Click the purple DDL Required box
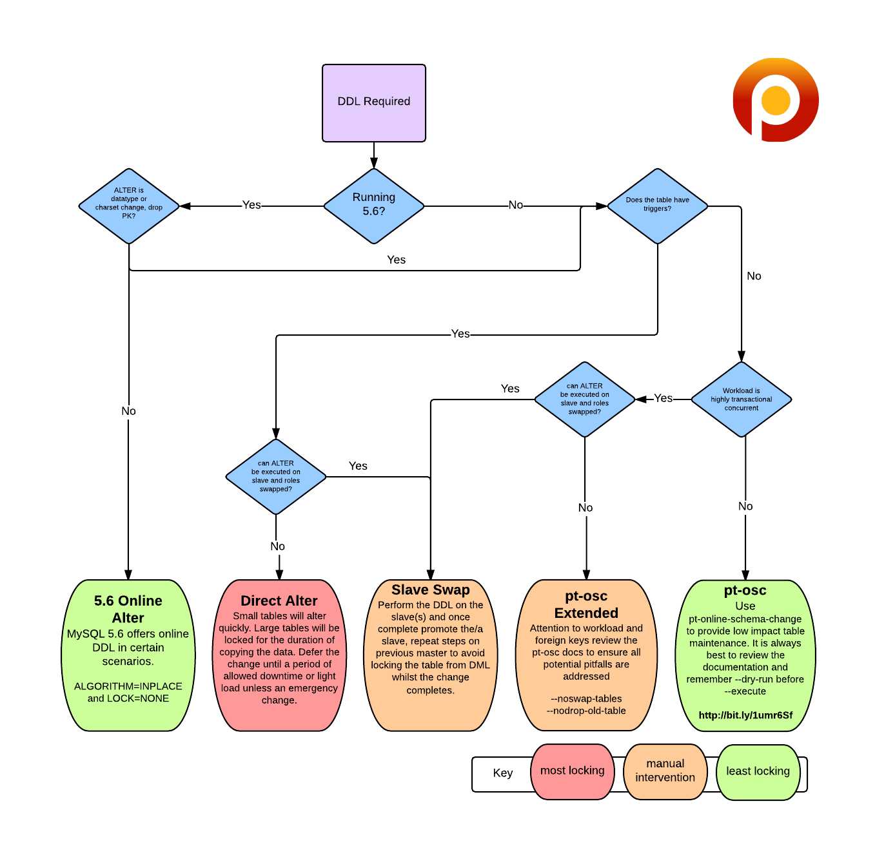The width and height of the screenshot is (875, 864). tap(374, 102)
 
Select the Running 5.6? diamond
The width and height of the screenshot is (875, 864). tap(374, 206)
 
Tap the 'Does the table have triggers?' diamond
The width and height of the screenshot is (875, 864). tap(657, 206)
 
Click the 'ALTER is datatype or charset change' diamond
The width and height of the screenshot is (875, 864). tap(129, 206)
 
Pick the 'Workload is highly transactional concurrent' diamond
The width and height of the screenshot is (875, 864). tap(741, 399)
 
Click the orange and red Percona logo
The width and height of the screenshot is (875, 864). tap(776, 100)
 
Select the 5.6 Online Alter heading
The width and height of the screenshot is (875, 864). tap(128, 609)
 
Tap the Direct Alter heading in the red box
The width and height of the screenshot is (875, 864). tap(279, 600)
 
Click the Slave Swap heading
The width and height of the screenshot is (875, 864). tap(431, 590)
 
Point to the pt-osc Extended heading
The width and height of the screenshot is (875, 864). tap(586, 604)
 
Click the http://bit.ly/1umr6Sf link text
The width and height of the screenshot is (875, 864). tap(745, 715)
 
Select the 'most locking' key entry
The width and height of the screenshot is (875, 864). tap(572, 771)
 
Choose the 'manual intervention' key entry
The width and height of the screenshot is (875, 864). tap(665, 771)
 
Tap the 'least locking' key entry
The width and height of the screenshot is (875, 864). tap(758, 771)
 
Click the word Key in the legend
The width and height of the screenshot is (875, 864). tap(503, 773)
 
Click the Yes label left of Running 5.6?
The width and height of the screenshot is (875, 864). tap(251, 205)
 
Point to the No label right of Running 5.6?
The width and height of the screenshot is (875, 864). tap(516, 205)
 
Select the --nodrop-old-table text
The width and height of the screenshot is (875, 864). tap(586, 711)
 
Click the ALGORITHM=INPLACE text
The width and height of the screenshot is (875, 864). tap(128, 686)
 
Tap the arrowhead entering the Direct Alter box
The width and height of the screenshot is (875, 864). tap(279, 575)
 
